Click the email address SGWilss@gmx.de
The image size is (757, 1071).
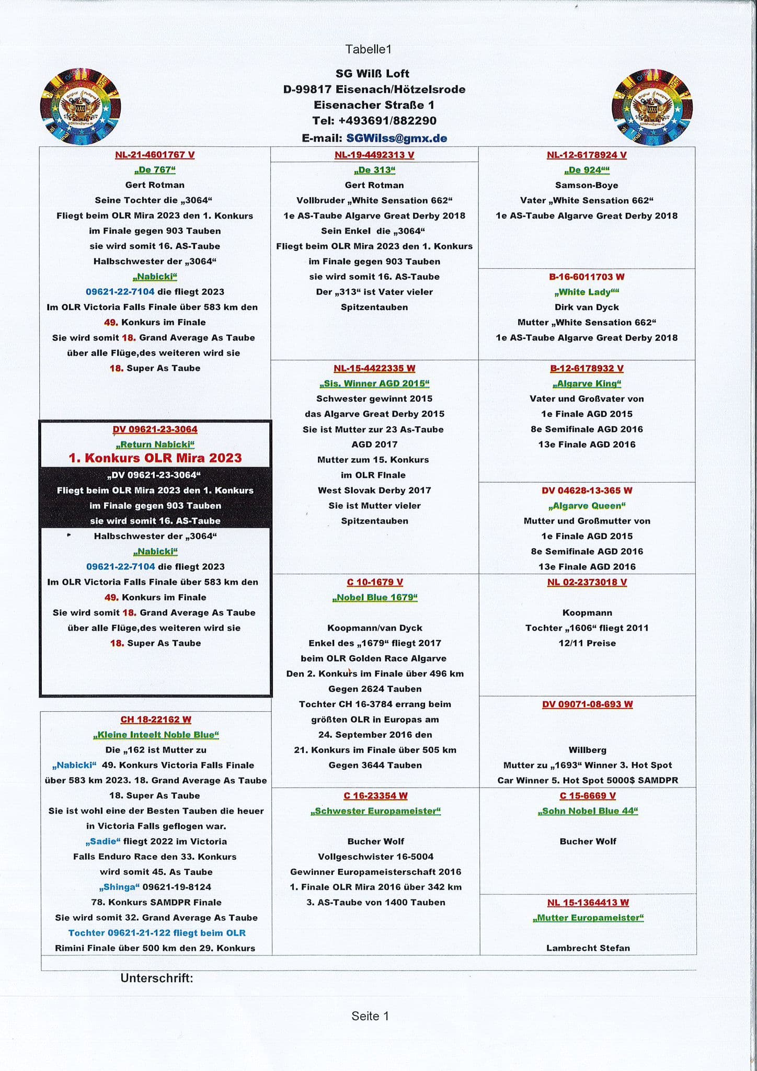(x=396, y=138)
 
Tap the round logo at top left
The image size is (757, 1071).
(x=81, y=107)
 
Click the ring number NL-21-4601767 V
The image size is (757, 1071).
(x=155, y=155)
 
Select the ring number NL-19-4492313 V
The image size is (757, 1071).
(x=374, y=155)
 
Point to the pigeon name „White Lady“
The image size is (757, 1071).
(x=587, y=292)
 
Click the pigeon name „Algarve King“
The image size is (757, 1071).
(x=587, y=383)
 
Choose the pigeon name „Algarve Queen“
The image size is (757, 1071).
(x=587, y=506)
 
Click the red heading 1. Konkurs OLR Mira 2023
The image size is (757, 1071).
(x=155, y=458)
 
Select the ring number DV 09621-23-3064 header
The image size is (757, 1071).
(x=155, y=429)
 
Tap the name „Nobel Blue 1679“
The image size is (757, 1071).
(x=375, y=597)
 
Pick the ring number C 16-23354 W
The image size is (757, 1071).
(x=375, y=795)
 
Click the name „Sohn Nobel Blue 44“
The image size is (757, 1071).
(x=588, y=811)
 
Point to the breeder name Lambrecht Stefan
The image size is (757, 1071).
(x=588, y=948)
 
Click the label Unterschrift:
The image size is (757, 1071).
(x=157, y=978)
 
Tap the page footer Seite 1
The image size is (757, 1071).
(x=370, y=1016)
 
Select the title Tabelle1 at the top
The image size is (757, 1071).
(x=368, y=49)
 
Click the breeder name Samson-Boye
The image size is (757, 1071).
(x=587, y=185)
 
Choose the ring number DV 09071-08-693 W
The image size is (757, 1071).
(x=587, y=704)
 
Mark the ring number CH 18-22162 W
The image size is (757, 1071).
(x=156, y=720)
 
